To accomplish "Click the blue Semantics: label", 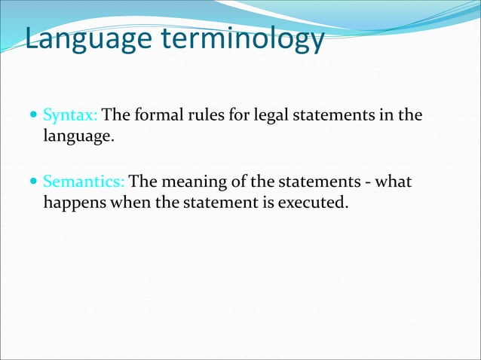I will [x=85, y=182].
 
